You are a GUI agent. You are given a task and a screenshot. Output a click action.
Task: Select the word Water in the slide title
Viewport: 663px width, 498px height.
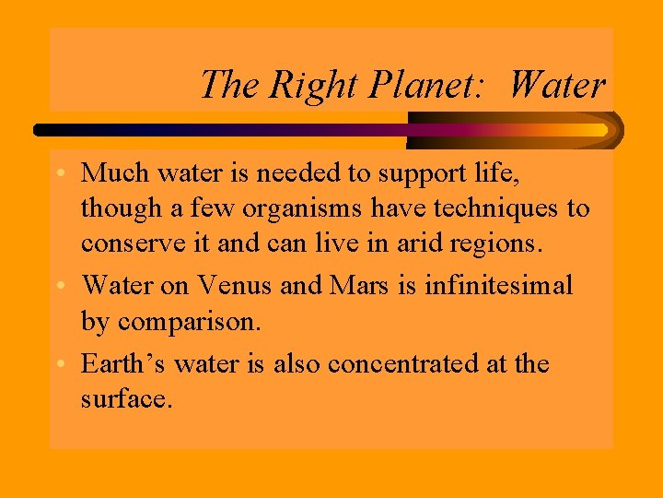tap(557, 86)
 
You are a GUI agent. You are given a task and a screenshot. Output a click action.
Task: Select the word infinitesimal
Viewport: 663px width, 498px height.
tap(498, 286)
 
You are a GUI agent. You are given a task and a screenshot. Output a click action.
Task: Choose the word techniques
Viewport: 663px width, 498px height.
tap(485, 209)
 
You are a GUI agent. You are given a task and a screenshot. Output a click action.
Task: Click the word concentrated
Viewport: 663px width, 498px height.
tap(411, 363)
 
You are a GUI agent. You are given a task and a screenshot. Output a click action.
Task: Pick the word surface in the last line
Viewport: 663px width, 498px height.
tap(125, 402)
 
